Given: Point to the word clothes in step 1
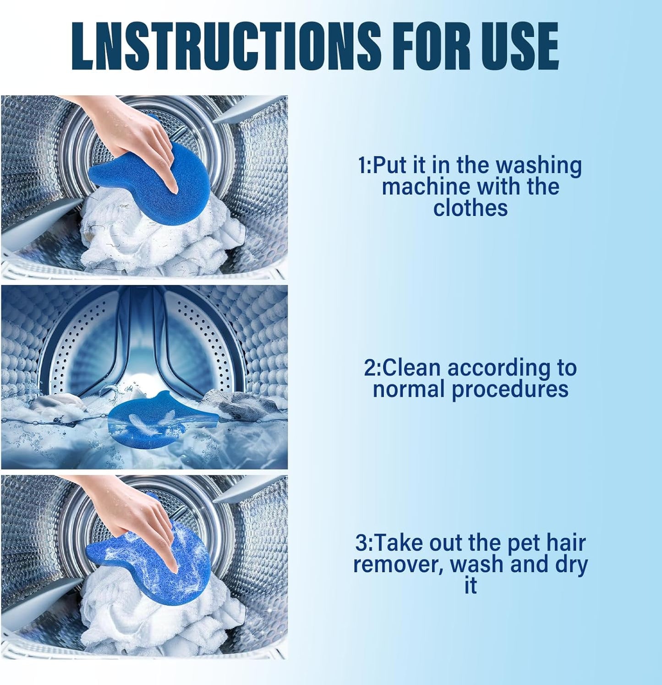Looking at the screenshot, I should [471, 208].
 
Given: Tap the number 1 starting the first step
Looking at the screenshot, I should [363, 166].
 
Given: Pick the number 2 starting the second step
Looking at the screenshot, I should [370, 368].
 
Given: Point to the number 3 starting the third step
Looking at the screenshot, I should [361, 543].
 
